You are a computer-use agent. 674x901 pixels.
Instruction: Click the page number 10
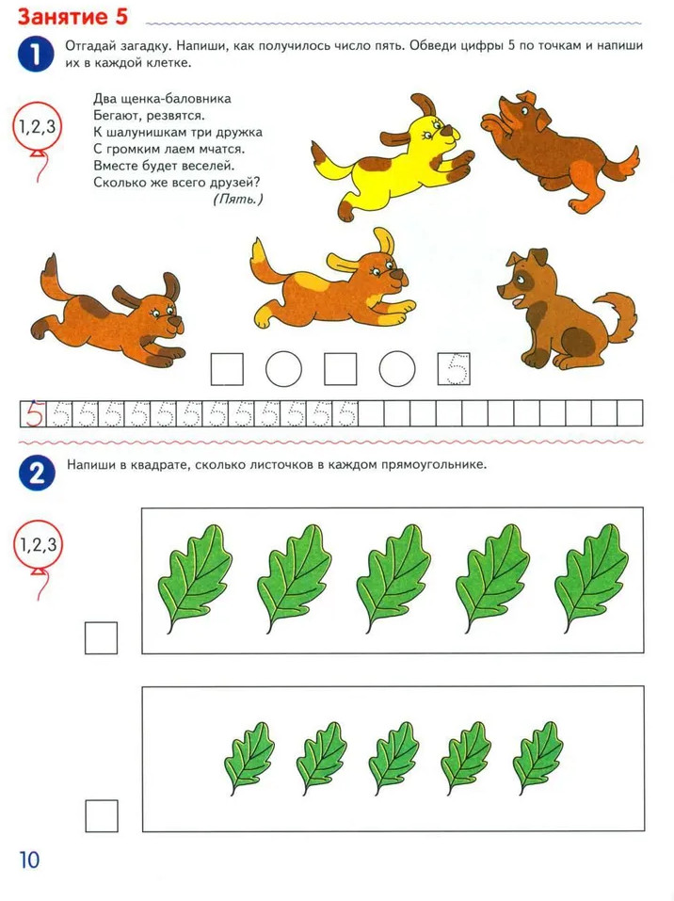[x=29, y=860]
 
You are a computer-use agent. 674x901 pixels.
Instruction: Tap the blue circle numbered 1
[x=36, y=56]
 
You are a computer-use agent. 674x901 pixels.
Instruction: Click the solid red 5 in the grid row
[x=34, y=413]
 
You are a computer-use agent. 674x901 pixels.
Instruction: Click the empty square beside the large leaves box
[x=101, y=637]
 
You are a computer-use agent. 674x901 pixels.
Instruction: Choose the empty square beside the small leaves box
[x=102, y=816]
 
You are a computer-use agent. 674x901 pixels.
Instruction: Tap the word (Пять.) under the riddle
[x=238, y=200]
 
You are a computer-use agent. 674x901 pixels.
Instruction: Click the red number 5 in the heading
[x=120, y=16]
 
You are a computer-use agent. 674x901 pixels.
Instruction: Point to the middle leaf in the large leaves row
[x=393, y=578]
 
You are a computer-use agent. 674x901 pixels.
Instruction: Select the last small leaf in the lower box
[x=538, y=758]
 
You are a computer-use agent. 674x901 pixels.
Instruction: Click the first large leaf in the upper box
[x=196, y=578]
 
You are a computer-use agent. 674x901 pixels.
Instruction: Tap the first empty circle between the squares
[x=284, y=369]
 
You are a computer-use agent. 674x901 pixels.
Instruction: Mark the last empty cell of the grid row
[x=631, y=413]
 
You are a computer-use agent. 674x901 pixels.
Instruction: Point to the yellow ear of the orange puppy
[x=383, y=241]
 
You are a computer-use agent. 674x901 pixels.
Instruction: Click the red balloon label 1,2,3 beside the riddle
[x=38, y=127]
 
